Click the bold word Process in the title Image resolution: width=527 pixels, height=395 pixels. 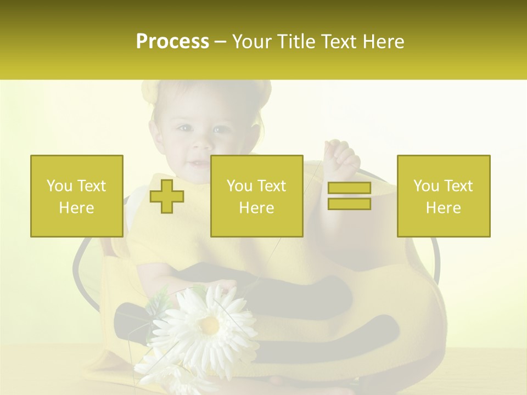click(172, 42)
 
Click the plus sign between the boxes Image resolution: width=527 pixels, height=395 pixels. click(167, 196)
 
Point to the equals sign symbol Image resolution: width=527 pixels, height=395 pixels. click(349, 196)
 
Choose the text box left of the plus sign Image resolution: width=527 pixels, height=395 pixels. click(77, 196)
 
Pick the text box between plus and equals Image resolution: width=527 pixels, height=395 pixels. click(257, 196)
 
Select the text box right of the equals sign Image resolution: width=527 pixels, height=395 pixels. click(444, 196)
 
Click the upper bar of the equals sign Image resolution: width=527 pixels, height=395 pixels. click(349, 188)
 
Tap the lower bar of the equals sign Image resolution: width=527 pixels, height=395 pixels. click(349, 204)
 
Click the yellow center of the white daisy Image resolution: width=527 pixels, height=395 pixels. click(209, 325)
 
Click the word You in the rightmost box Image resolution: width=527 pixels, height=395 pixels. click(427, 186)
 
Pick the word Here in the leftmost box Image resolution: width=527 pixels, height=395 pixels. click(77, 208)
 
